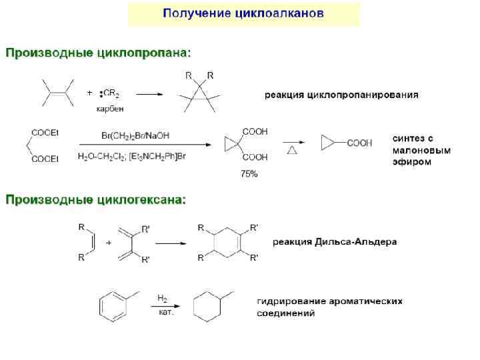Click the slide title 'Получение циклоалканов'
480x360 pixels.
244,13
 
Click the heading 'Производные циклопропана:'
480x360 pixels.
99,51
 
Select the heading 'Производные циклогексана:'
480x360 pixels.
97,199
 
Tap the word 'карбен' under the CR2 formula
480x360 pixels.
110,107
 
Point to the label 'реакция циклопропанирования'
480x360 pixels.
341,95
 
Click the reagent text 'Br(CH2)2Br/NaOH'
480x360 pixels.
135,135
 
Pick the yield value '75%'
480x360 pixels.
249,174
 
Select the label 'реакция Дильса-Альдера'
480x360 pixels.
335,242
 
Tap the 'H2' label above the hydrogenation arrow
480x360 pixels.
162,298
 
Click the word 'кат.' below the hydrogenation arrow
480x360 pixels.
166,312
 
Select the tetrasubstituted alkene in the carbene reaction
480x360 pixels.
57,93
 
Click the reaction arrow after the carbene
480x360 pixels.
150,94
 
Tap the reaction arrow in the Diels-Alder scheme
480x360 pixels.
171,243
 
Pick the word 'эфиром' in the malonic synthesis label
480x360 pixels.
409,162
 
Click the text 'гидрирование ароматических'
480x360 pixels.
329,301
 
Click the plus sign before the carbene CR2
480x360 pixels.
90,93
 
